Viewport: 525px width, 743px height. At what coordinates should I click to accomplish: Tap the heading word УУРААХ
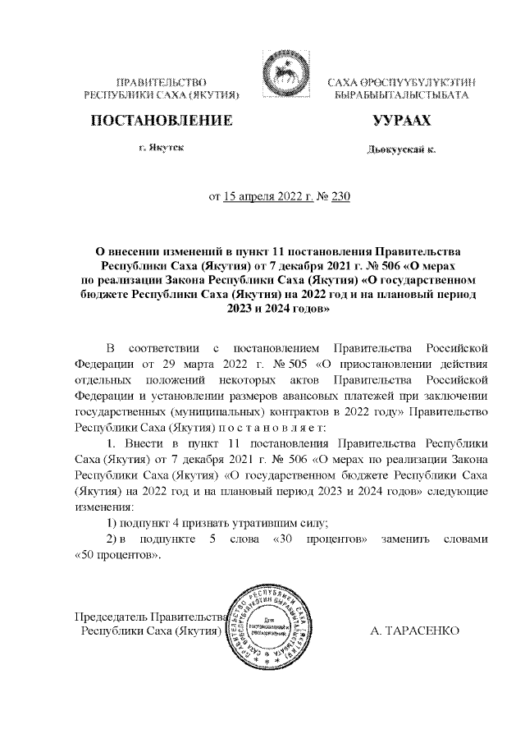[401, 122]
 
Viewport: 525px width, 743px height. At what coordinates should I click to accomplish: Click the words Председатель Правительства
[150, 617]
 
